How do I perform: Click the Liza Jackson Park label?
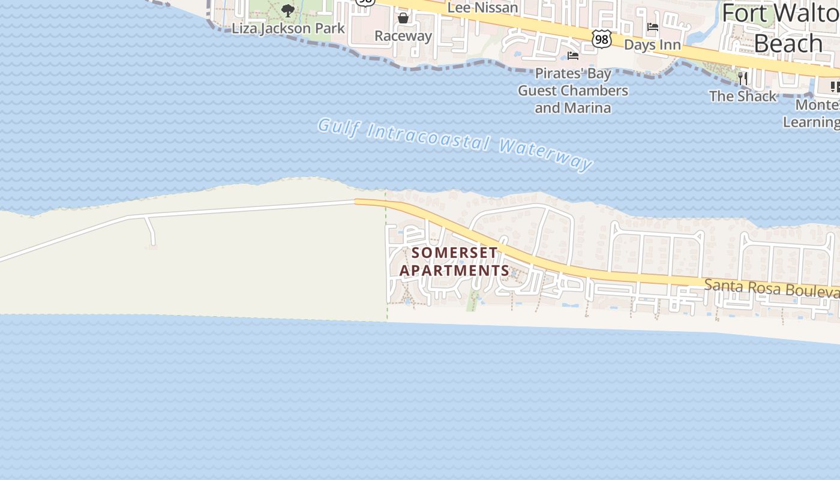point(288,28)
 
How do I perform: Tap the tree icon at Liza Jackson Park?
point(288,10)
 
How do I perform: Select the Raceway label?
point(403,36)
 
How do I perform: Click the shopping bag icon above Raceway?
point(403,18)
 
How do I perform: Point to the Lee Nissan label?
point(482,8)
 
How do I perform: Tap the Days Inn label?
point(652,45)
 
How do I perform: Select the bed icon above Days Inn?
point(653,27)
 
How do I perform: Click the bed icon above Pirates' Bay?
point(573,56)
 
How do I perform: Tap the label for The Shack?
point(742,96)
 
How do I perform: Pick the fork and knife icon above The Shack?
point(743,78)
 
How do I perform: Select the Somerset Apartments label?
point(454,261)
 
